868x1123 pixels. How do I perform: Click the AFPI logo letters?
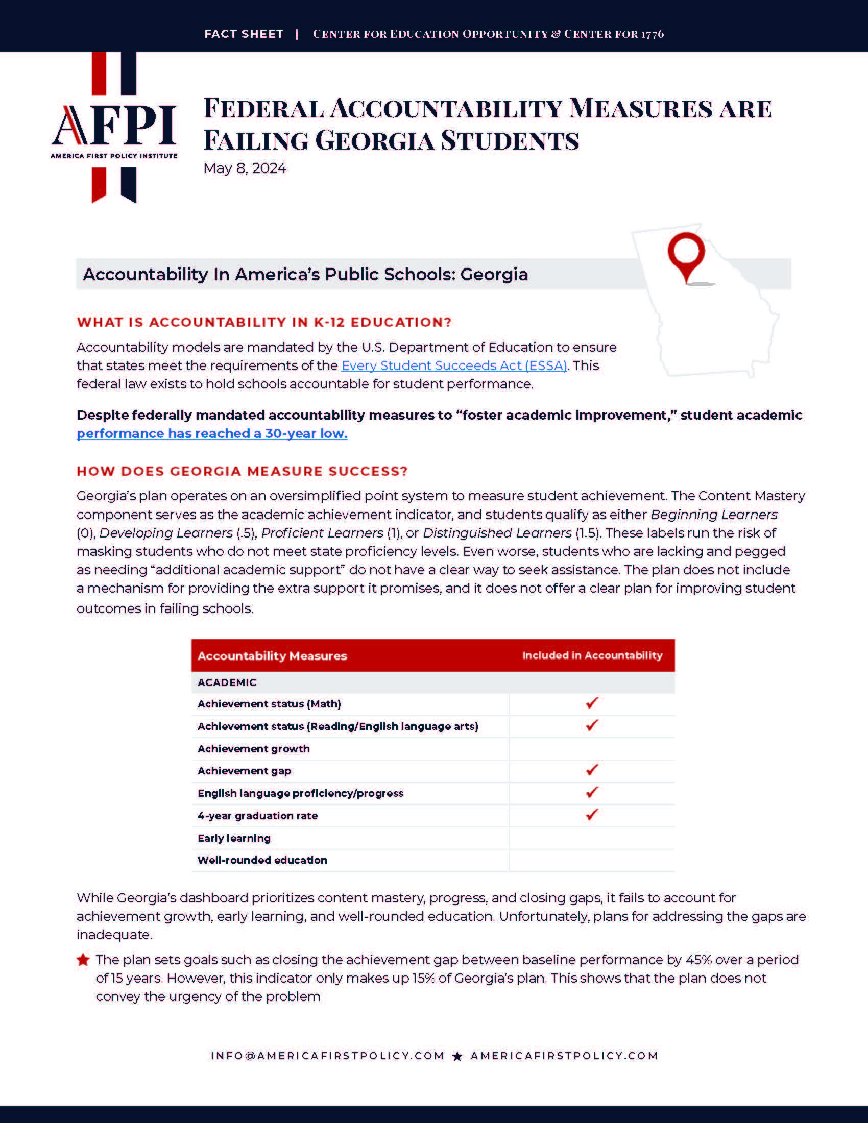(x=114, y=125)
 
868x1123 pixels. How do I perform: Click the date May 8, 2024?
(x=245, y=168)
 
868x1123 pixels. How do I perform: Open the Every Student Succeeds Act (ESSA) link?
(x=454, y=365)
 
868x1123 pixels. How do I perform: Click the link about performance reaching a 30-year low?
(x=212, y=433)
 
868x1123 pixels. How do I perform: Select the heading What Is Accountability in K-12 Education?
(x=264, y=323)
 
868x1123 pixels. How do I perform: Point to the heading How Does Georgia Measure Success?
(x=242, y=471)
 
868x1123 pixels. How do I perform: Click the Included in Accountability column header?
(x=592, y=655)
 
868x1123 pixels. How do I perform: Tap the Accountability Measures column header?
(x=272, y=656)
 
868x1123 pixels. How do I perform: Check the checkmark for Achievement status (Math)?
(x=592, y=703)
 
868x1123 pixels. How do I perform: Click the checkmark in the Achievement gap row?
(x=592, y=770)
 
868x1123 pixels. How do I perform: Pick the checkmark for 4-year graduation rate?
(x=592, y=815)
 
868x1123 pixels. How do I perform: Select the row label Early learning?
(x=234, y=838)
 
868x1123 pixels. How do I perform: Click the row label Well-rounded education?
(x=262, y=860)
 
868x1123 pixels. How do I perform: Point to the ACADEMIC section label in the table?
(x=227, y=682)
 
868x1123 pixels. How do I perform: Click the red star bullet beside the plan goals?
(x=83, y=960)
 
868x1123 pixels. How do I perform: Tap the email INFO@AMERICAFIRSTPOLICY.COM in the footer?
(x=328, y=1056)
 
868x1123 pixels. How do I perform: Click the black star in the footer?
(x=457, y=1056)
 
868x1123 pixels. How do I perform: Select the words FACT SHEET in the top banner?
(x=244, y=34)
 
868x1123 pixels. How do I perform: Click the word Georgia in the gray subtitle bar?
(x=494, y=275)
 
